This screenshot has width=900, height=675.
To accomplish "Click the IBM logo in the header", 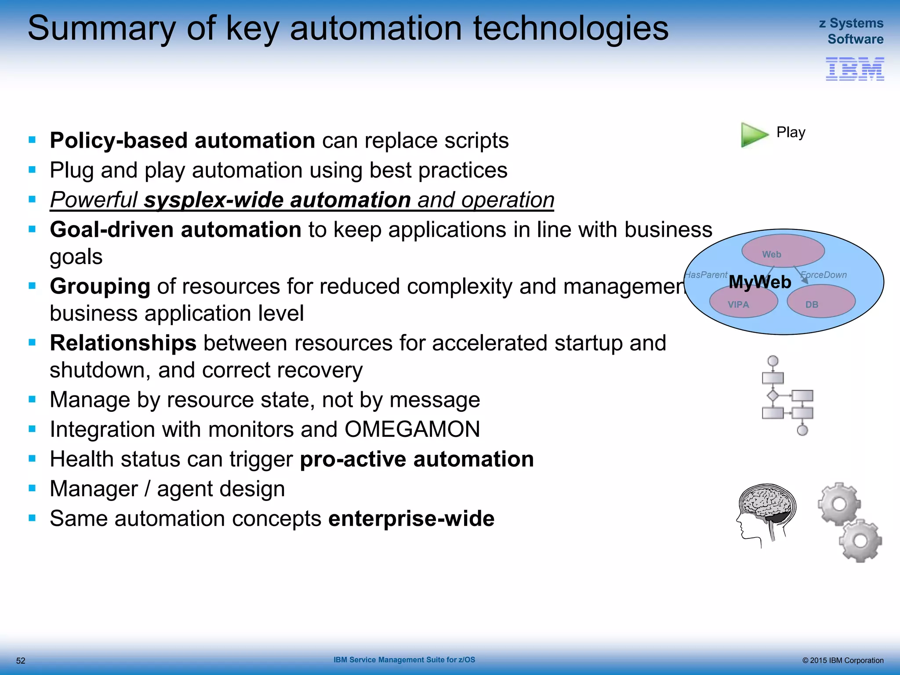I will click(x=854, y=69).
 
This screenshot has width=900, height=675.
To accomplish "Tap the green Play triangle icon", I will click(x=753, y=134).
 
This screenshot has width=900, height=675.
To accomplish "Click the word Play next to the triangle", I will click(x=791, y=132).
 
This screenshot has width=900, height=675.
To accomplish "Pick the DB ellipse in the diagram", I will click(x=820, y=302).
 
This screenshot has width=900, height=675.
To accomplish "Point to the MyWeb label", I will click(x=760, y=282).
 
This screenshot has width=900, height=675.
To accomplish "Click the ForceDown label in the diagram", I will click(x=823, y=275).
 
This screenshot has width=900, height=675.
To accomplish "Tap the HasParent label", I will click(x=706, y=275).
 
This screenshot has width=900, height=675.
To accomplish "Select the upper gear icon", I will click(x=838, y=504).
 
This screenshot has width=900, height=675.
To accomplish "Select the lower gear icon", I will click(x=860, y=541).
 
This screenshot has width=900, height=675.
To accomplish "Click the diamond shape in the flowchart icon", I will click(x=773, y=396).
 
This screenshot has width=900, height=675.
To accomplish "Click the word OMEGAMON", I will click(x=412, y=429).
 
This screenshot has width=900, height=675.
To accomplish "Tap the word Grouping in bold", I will click(x=100, y=287).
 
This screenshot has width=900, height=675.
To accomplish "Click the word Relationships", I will click(x=123, y=343).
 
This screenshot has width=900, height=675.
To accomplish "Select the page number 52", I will click(x=21, y=660).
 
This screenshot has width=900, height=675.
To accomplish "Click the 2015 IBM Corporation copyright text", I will click(x=842, y=660).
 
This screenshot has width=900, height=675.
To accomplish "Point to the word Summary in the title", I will click(x=102, y=29).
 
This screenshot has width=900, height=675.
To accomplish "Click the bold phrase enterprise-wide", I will click(x=411, y=519).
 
